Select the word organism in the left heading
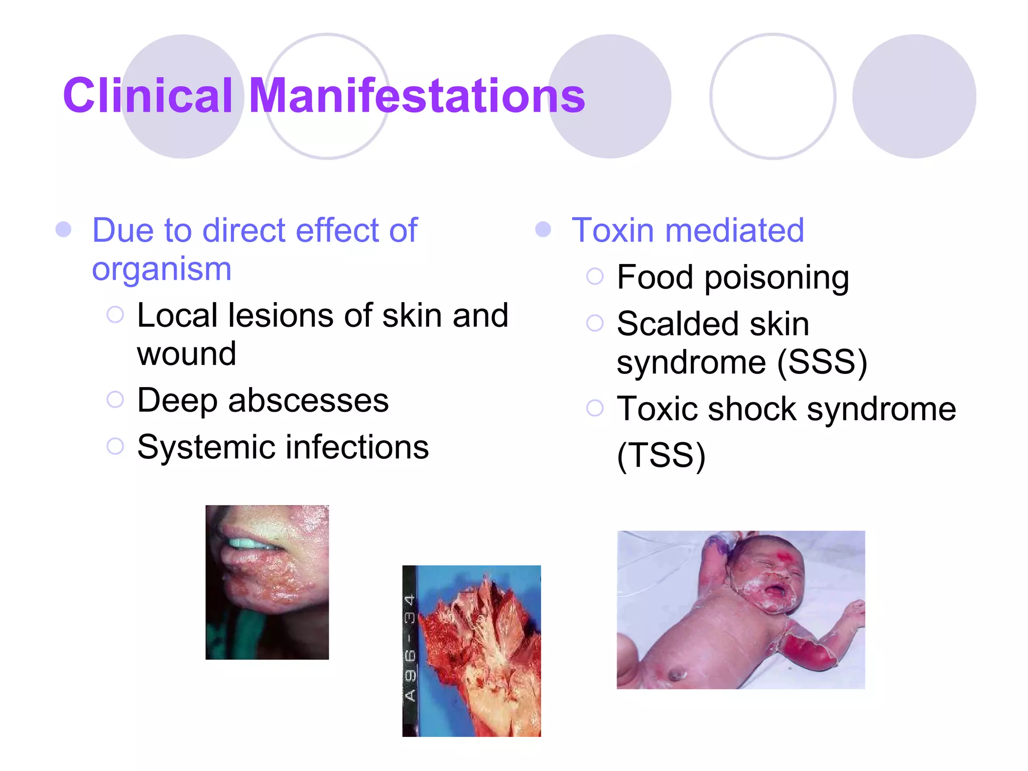(162, 270)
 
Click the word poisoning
(777, 278)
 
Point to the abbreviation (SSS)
(822, 362)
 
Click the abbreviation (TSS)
(661, 456)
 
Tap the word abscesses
(308, 401)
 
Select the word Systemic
(206, 447)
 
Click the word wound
(186, 354)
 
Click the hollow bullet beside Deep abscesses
(115, 400)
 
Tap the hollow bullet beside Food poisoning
(595, 276)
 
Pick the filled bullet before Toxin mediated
(543, 230)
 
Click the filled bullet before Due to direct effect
(63, 229)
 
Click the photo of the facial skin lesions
(267, 582)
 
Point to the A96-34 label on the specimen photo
(410, 648)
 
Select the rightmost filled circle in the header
(914, 96)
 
